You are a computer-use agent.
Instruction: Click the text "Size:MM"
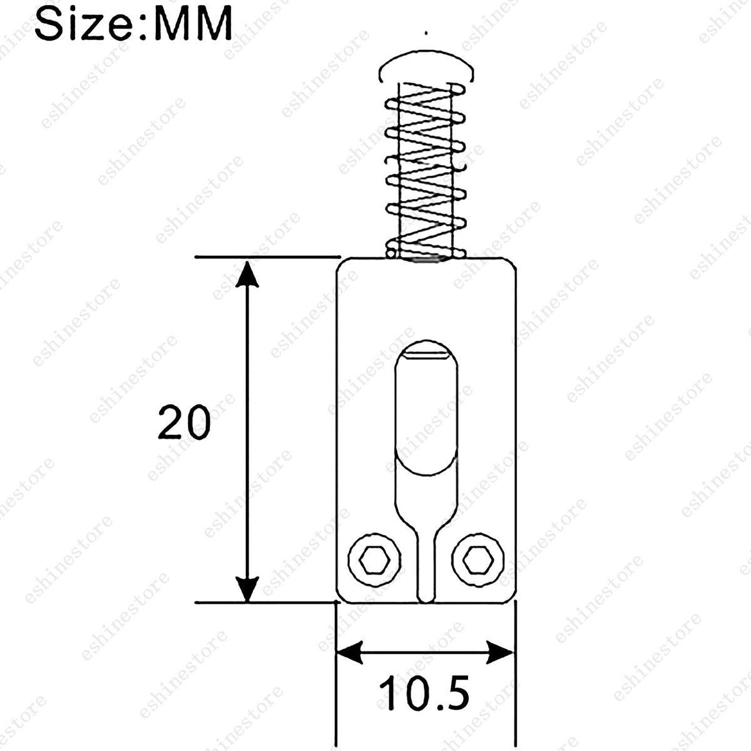134,22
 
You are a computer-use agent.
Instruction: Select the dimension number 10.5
424,693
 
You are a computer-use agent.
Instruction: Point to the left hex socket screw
374,560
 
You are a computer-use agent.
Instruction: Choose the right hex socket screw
479,560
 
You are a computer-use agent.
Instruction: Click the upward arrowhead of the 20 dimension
247,275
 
